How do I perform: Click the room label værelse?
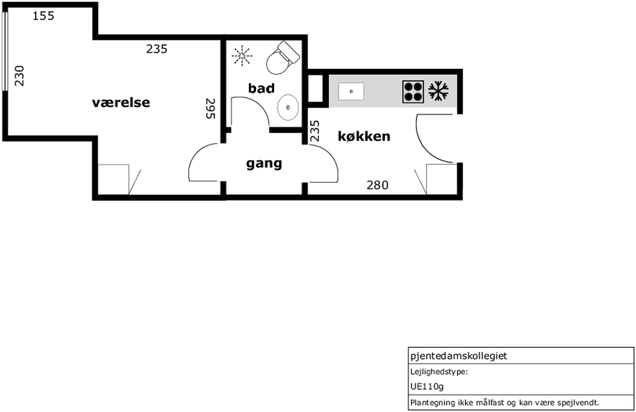pyautogui.click(x=121, y=103)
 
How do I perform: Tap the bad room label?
pyautogui.click(x=261, y=88)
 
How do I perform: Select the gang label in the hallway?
pyautogui.click(x=264, y=163)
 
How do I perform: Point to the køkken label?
pyautogui.click(x=364, y=136)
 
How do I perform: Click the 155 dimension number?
pyautogui.click(x=43, y=16)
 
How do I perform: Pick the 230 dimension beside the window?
pyautogui.click(x=19, y=76)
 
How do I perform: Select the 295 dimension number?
pyautogui.click(x=211, y=108)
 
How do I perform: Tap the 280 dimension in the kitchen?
pyautogui.click(x=377, y=185)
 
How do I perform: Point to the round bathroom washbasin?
pyautogui.click(x=288, y=107)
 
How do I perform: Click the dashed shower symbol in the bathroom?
pyautogui.click(x=242, y=56)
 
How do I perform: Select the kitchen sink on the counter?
pyautogui.click(x=351, y=91)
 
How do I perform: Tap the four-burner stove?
pyautogui.click(x=413, y=92)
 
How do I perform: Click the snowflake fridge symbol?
pyautogui.click(x=438, y=91)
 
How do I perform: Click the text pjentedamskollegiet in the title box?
pyautogui.click(x=459, y=356)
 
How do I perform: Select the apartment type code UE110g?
pyautogui.click(x=427, y=386)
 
